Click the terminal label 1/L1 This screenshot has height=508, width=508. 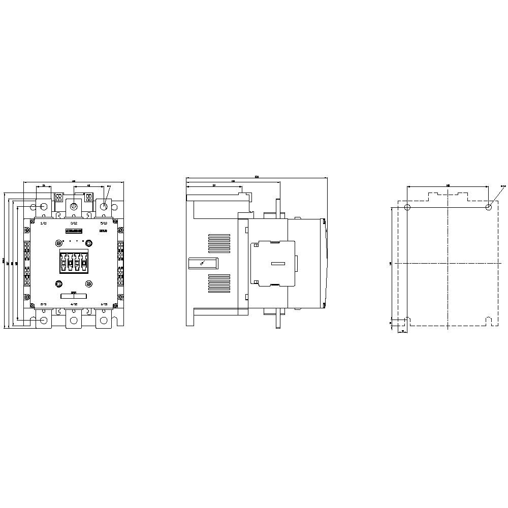click(43, 223)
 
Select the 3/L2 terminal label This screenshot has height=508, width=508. click(74, 223)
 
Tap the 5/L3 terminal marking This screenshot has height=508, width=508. click(104, 223)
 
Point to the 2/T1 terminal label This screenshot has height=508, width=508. click(43, 304)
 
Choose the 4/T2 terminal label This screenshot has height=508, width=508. click(74, 304)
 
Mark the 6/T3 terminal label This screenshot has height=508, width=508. click(104, 304)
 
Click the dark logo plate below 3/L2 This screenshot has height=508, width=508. click(74, 231)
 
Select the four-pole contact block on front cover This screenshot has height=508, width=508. click(74, 262)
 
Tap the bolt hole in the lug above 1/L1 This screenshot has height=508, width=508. click(43, 207)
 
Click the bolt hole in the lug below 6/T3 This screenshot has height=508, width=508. click(105, 320)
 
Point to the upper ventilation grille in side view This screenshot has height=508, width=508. click(218, 242)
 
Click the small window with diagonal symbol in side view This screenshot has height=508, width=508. click(203, 263)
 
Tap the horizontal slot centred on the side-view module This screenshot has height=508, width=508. click(278, 263)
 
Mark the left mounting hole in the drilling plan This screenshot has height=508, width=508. click(407, 207)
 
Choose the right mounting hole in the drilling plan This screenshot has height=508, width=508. click(488, 207)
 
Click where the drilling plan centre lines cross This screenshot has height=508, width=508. click(448, 263)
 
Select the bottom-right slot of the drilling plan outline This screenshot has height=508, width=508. click(488, 321)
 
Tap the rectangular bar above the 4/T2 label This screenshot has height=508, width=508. click(74, 296)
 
